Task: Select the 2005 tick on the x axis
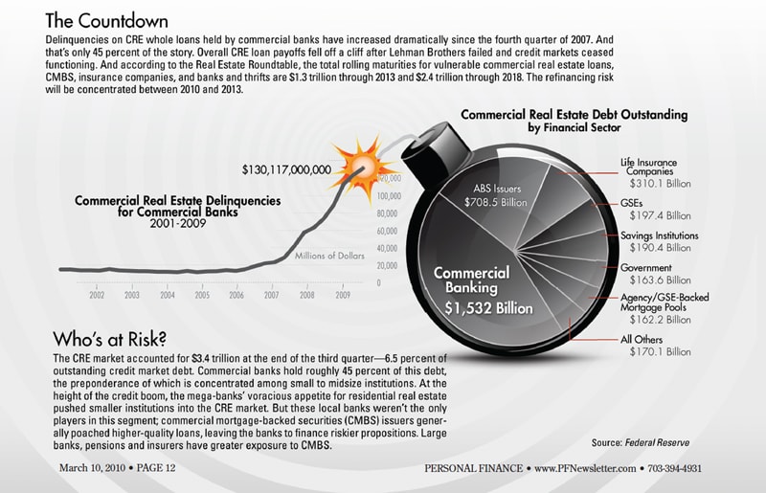coord(202,296)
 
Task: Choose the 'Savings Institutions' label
coord(660,235)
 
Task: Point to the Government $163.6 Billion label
coord(655,274)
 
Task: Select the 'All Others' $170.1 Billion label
coord(655,346)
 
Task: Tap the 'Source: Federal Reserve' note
coord(640,443)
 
